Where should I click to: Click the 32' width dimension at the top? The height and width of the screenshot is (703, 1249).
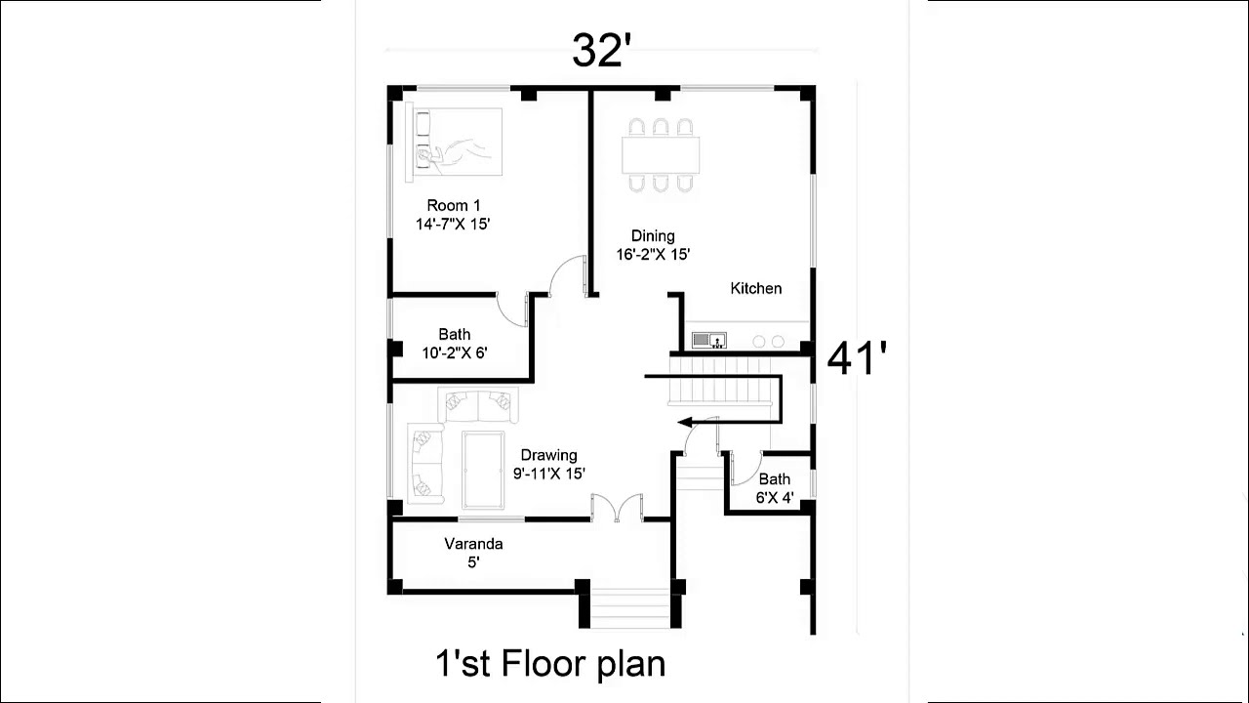(x=602, y=51)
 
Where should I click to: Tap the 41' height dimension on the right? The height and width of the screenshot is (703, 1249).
(x=857, y=358)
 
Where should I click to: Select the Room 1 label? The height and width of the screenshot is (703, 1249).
(x=454, y=205)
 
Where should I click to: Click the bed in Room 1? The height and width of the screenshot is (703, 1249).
(x=455, y=143)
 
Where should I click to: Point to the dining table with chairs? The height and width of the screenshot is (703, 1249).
(x=661, y=154)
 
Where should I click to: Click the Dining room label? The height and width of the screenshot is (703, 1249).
(x=653, y=235)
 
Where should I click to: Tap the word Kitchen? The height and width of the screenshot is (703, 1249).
(x=756, y=288)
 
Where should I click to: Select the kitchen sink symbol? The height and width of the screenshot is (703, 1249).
(x=708, y=340)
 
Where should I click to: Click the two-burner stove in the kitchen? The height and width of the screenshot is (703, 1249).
(x=768, y=341)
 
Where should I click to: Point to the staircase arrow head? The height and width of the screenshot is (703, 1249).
(x=686, y=423)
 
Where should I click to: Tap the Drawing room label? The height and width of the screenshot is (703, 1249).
(x=548, y=455)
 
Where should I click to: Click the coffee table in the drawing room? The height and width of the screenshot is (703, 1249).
(x=483, y=470)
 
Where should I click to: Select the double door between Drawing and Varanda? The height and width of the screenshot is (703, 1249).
(x=617, y=508)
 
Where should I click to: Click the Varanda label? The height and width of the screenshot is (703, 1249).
(x=473, y=544)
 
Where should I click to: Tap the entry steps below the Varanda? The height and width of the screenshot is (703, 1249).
(x=631, y=608)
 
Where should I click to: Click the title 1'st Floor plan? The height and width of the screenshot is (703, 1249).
(x=550, y=664)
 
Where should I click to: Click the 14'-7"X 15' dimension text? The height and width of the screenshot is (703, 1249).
(x=453, y=224)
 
